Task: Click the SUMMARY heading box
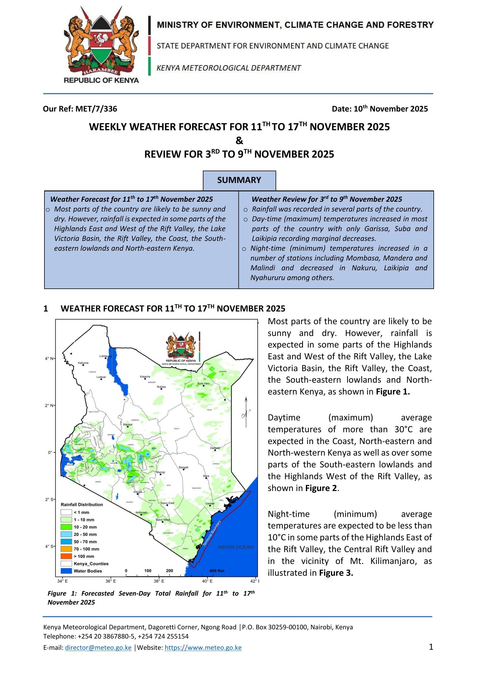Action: pos(239,180)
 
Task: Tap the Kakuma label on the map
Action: pos(83,363)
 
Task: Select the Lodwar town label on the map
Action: pos(101,377)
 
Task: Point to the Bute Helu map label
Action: pos(204,383)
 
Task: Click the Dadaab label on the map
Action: pos(215,448)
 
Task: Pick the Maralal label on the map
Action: pos(128,424)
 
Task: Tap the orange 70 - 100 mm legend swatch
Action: pos(66,549)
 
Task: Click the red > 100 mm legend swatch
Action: pos(66,556)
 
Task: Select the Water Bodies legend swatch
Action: pos(66,571)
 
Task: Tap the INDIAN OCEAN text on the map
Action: pos(235,547)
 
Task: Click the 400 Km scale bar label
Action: pos(217,571)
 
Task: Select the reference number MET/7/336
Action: pos(96,109)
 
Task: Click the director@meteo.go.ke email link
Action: pos(98,647)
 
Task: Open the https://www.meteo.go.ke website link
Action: pos(203,647)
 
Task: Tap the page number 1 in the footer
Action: pos(431,647)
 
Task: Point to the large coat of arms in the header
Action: pos(101,44)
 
